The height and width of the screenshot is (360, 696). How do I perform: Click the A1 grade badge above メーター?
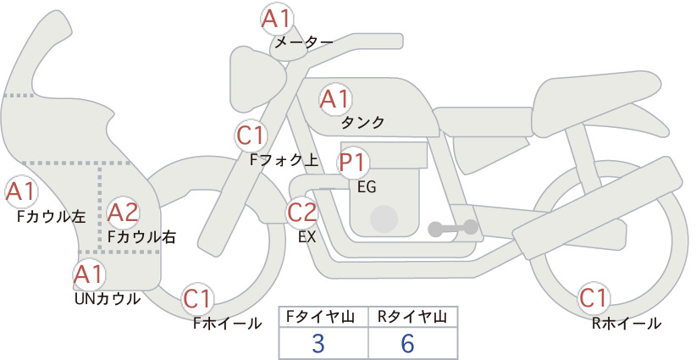(277, 19)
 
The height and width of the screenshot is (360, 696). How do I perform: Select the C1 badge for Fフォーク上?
(251, 136)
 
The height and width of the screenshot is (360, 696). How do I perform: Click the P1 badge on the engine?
(353, 163)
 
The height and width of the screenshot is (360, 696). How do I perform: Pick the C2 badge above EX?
(301, 212)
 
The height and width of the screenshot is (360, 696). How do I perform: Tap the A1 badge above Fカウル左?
(21, 191)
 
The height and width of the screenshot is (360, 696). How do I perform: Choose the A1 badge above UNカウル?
(89, 274)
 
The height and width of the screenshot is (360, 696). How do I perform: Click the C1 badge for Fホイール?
(197, 299)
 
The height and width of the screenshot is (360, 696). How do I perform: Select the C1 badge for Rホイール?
(594, 298)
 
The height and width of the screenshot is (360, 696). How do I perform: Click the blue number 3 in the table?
(318, 343)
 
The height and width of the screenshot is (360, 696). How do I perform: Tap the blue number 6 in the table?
(407, 343)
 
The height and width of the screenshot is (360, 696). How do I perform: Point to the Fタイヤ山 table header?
(320, 317)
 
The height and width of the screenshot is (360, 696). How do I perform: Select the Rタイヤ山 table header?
(412, 317)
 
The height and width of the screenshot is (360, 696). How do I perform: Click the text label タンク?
(362, 123)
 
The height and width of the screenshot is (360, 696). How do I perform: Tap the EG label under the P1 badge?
(367, 187)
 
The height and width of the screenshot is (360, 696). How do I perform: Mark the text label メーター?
(304, 42)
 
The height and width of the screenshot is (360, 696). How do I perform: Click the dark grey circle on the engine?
(384, 219)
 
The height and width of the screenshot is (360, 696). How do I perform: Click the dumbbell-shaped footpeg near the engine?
(453, 228)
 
